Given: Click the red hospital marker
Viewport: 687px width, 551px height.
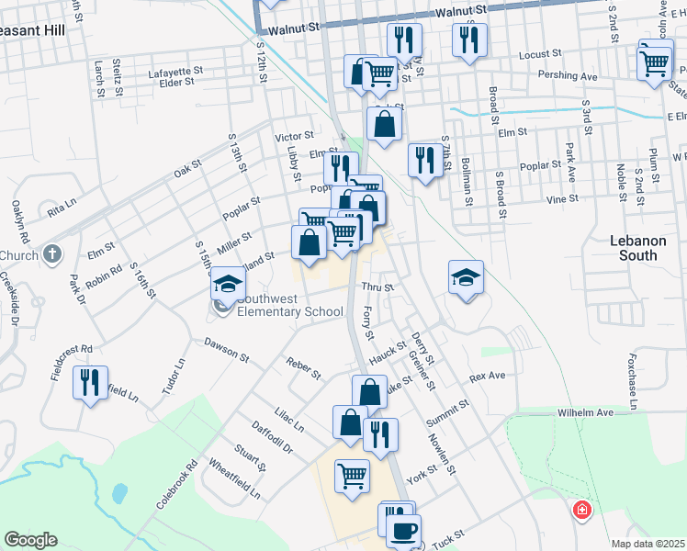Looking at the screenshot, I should point(581,510).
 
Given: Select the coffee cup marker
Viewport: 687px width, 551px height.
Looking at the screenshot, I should point(403,529).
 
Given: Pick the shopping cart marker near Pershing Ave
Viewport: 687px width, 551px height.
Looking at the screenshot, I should point(655,62).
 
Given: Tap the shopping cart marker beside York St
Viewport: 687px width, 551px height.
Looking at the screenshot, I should point(352,476).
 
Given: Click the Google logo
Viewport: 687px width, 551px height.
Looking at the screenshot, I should point(30,540).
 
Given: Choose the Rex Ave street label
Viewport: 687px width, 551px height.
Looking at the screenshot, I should point(487,377).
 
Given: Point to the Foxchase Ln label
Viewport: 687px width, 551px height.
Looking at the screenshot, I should point(633,372).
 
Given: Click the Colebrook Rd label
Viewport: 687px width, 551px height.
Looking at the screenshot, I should point(176,485).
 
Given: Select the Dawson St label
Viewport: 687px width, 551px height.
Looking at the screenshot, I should point(227,349).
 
